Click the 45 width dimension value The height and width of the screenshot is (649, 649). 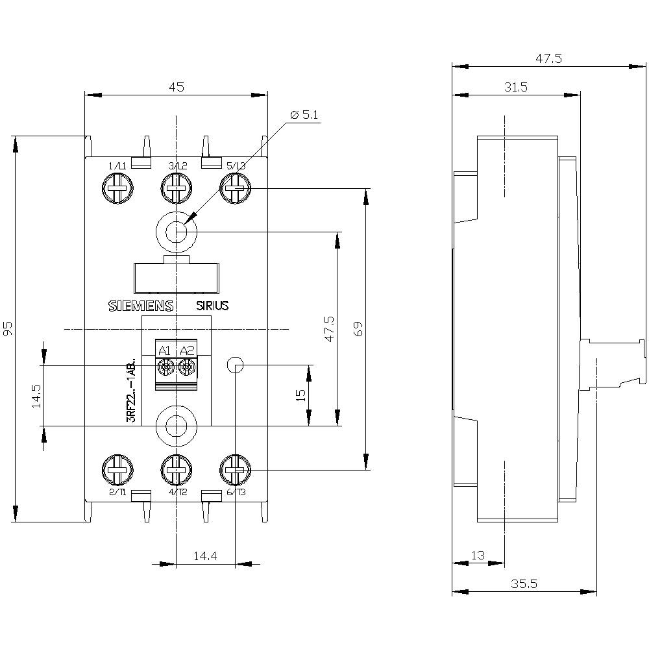click(176, 86)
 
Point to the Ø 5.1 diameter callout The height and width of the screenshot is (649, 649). click(305, 115)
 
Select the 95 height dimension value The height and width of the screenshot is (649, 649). click(8, 329)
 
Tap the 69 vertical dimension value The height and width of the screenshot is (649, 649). click(357, 329)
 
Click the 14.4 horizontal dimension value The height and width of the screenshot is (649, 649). click(204, 556)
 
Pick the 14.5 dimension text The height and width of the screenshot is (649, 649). click(35, 396)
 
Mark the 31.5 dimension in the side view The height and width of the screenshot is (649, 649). click(517, 86)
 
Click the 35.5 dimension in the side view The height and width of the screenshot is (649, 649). click(524, 583)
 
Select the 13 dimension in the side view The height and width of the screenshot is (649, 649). click(478, 555)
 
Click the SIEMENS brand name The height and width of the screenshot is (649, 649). click(140, 307)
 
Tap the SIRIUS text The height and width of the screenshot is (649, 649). click(212, 306)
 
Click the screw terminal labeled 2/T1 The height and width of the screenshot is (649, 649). click(117, 470)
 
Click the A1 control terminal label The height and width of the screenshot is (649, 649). click(164, 351)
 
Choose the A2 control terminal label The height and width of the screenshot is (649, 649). click(187, 351)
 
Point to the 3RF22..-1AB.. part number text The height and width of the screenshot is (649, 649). click(131, 390)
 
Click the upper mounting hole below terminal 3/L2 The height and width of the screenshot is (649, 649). click(176, 231)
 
